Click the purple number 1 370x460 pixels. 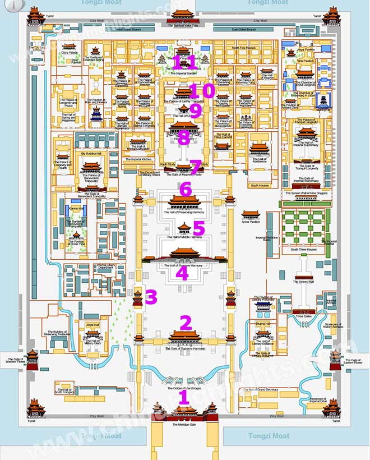pyautogui.click(x=183, y=397)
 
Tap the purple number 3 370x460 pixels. pyautogui.click(x=151, y=297)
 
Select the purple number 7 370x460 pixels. pyautogui.click(x=196, y=166)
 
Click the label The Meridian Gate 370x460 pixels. pyautogui.click(x=184, y=425)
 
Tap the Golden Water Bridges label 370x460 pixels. pyautogui.click(x=184, y=388)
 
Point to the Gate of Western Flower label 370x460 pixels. pyautogui.click(x=14, y=361)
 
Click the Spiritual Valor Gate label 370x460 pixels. pyautogui.click(x=185, y=26)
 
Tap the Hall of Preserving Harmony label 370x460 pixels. pyautogui.click(x=184, y=213)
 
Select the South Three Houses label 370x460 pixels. pyautogui.click(x=303, y=249)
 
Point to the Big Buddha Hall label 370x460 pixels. pyautogui.click(x=91, y=153)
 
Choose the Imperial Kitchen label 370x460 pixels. pyautogui.click(x=138, y=159)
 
